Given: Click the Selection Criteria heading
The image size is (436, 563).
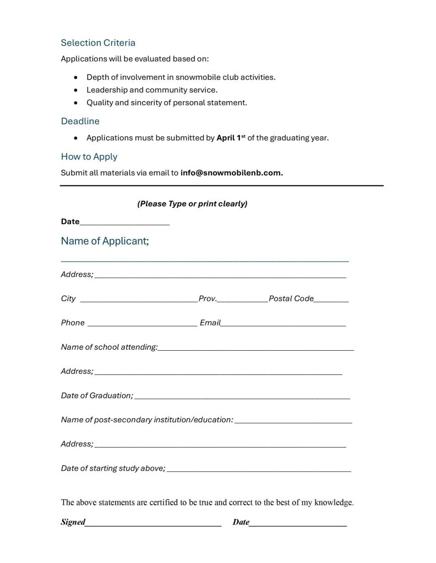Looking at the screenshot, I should pyautogui.click(x=98, y=43).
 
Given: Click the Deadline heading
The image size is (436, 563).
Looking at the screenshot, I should pyautogui.click(x=80, y=121).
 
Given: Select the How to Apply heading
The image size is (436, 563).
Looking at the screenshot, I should pyautogui.click(x=89, y=157).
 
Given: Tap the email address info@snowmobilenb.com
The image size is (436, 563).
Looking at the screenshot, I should pyautogui.click(x=231, y=173).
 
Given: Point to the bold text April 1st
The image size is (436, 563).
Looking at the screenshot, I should pyautogui.click(x=231, y=138).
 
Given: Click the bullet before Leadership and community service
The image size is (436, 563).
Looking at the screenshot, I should pyautogui.click(x=75, y=90).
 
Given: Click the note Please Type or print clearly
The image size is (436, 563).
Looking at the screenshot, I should pyautogui.click(x=192, y=204).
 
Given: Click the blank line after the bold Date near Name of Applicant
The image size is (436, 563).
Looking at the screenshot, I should pyautogui.click(x=124, y=223).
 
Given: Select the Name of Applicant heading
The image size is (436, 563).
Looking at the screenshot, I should pyautogui.click(x=105, y=241).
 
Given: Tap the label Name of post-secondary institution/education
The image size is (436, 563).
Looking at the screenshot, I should pyautogui.click(x=147, y=420).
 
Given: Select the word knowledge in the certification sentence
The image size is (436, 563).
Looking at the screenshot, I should pyautogui.click(x=335, y=502).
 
